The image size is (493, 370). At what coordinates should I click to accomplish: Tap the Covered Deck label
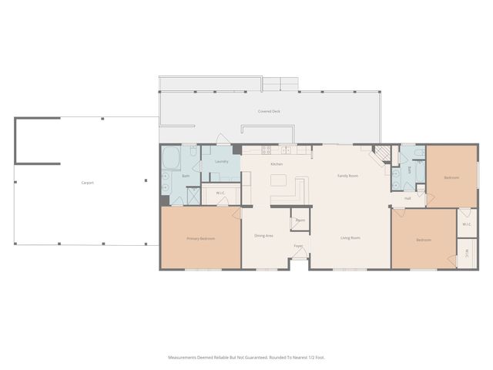point(269,112)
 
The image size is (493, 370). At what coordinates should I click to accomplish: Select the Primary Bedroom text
point(200,238)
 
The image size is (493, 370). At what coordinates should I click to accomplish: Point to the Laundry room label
point(222,161)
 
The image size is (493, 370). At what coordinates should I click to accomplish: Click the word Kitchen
point(275,164)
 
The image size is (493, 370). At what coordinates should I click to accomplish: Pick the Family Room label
point(348,176)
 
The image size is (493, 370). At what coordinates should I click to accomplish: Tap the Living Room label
point(350,237)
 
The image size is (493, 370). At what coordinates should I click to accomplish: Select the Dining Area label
point(264,235)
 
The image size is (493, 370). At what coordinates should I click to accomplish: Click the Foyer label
point(297,247)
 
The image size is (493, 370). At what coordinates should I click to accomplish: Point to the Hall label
point(407,198)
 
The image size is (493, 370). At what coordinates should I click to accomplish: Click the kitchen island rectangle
point(277,181)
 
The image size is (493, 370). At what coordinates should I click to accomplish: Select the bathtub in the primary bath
point(171,160)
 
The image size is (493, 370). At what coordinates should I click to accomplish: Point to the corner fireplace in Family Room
point(381,154)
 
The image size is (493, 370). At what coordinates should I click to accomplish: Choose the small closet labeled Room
point(300,220)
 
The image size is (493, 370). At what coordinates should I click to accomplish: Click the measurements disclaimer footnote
point(246,357)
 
